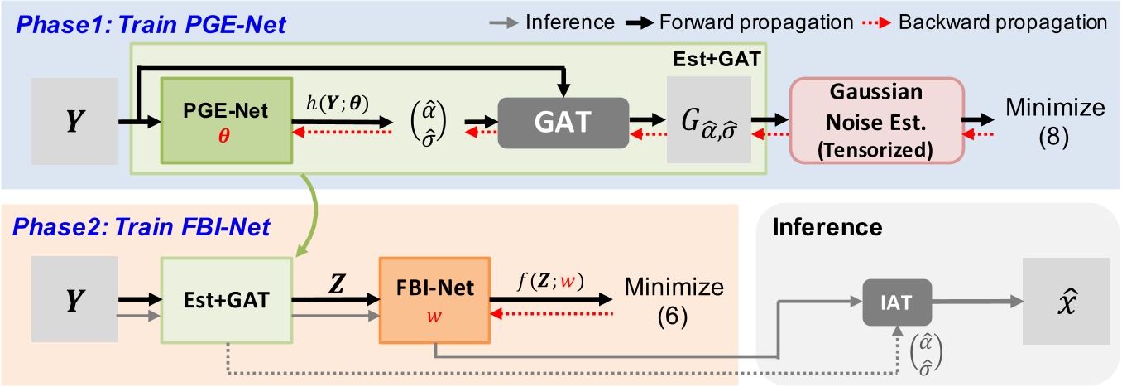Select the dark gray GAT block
563,122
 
